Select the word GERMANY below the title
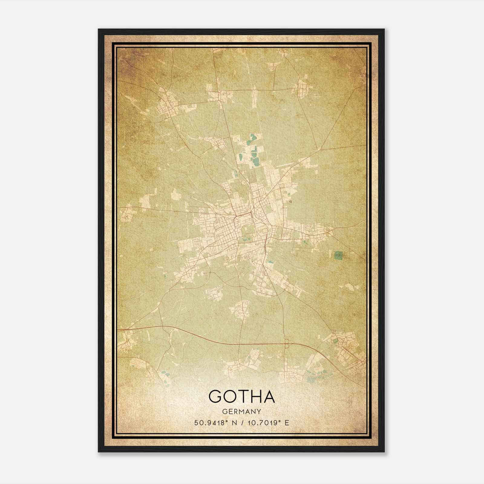click(x=241, y=411)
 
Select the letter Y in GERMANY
click(x=259, y=411)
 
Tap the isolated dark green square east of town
click(x=338, y=256)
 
